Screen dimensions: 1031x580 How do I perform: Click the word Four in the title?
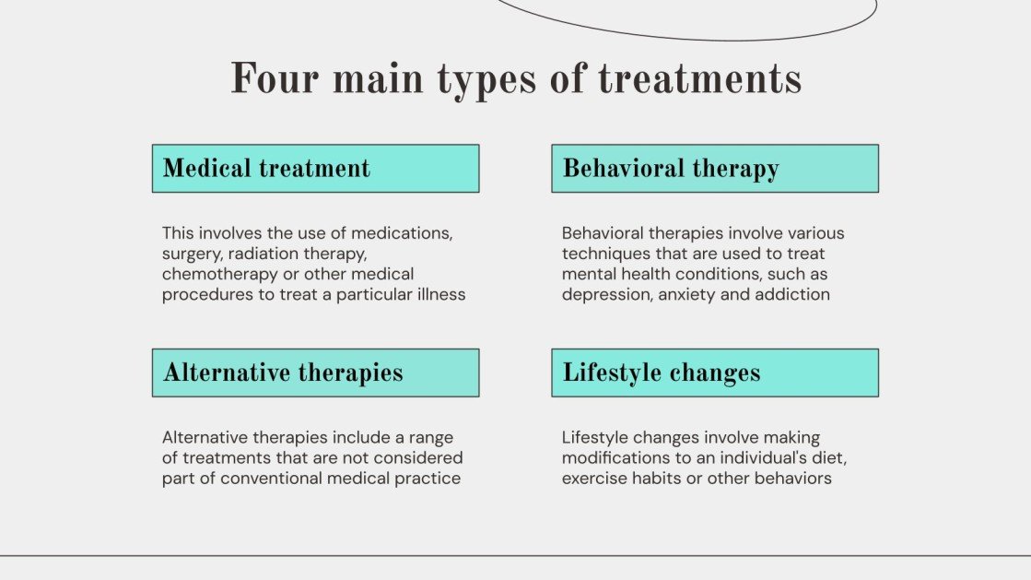275,79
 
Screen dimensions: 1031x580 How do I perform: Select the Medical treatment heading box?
316,169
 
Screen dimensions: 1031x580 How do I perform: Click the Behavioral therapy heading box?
715,169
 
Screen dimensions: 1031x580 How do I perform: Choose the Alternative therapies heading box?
316,373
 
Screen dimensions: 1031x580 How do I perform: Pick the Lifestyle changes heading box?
715,373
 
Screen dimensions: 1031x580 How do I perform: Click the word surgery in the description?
192,254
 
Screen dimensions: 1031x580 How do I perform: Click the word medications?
402,233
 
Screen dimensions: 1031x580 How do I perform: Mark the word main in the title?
378,79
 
